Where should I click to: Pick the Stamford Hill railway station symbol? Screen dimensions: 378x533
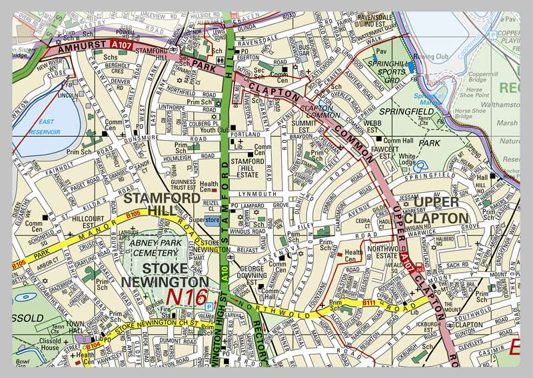(173, 50)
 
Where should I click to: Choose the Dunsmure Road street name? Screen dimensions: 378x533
(141, 138)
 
